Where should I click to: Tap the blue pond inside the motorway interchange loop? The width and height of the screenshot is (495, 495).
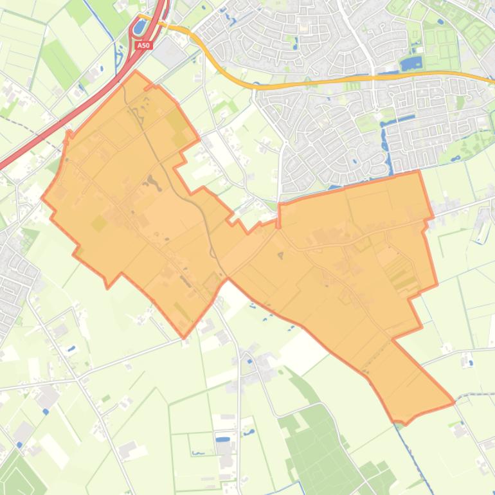139,27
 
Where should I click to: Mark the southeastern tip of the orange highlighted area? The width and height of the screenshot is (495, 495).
454,402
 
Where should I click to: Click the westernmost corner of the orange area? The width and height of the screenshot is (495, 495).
42,198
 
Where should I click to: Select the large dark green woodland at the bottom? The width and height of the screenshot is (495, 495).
315,444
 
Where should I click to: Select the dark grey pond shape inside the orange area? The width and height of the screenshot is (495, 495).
152,183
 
